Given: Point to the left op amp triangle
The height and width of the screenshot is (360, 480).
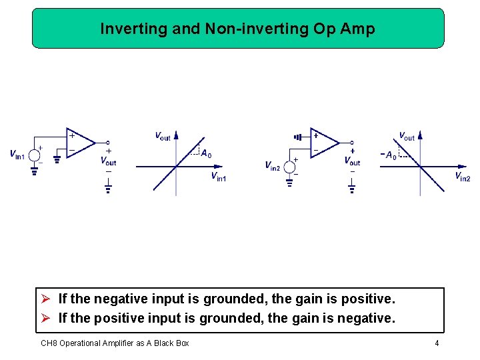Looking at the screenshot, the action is [x=79, y=142].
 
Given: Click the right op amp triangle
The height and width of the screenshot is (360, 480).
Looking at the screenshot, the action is [x=324, y=142].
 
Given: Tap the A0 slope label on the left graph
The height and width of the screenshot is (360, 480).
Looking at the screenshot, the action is [x=207, y=154].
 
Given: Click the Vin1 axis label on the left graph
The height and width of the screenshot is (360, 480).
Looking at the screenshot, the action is [x=219, y=177].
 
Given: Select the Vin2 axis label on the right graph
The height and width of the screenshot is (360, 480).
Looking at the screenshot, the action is [x=462, y=177].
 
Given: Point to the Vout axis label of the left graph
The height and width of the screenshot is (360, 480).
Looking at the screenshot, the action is [x=163, y=136].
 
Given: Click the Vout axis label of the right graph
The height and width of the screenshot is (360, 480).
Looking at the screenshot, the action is [x=407, y=136].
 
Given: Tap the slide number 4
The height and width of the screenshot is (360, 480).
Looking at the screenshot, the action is [x=437, y=343].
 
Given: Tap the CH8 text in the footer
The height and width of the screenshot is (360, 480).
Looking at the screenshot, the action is [x=49, y=343].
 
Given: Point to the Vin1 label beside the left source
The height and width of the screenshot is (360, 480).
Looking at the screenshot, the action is [x=17, y=155].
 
